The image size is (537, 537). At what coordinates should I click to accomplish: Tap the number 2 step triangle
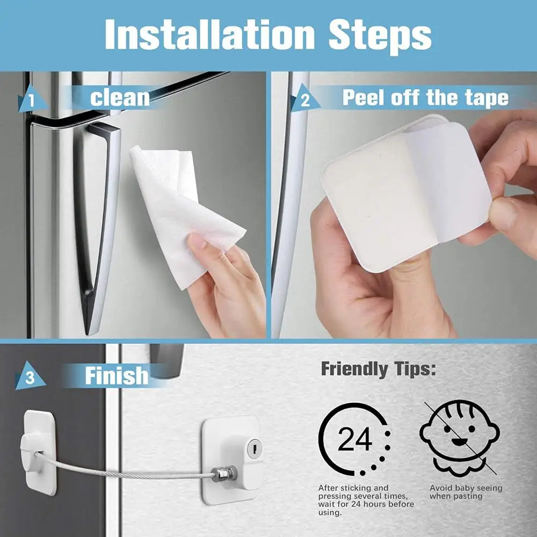(x=304, y=100)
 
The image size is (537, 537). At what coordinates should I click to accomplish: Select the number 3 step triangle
(x=30, y=378)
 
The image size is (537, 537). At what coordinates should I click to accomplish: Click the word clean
(x=119, y=98)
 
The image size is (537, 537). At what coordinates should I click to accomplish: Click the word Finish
(x=116, y=375)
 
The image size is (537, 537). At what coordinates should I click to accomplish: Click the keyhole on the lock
(x=255, y=446)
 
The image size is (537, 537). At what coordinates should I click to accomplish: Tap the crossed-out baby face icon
(x=459, y=438)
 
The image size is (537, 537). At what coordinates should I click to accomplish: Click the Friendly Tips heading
(x=378, y=369)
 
